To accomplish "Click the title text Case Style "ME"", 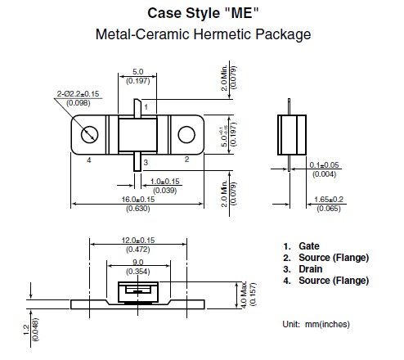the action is click(x=203, y=13).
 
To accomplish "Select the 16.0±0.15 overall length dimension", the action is click(x=138, y=200).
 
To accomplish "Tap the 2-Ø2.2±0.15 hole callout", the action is click(x=78, y=94).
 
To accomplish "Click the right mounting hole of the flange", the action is click(x=186, y=134).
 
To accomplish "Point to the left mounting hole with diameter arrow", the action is click(x=89, y=134).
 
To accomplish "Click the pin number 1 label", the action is click(x=146, y=107).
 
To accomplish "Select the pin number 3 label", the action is click(x=146, y=163).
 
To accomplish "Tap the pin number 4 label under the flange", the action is click(x=89, y=160).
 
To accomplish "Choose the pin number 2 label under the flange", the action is click(x=186, y=160).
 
